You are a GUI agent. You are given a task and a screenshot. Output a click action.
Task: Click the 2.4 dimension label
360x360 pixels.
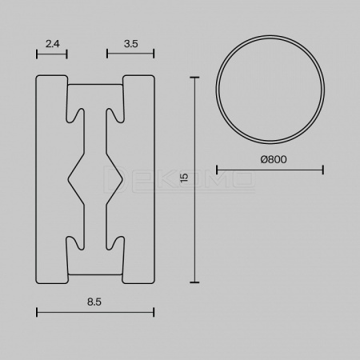coord(53,43)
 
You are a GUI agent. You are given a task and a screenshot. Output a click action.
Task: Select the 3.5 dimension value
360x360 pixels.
coord(131,43)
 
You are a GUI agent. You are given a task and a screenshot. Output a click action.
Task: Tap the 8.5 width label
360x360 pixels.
coord(94,302)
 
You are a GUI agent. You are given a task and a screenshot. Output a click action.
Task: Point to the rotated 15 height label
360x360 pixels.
coord(184,178)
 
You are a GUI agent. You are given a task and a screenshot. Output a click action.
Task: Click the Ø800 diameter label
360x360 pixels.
coord(274,159)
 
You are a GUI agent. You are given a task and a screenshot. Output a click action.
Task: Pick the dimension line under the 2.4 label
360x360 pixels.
coord(52,54)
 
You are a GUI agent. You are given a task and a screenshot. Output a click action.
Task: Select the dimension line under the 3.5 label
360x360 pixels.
coord(130,54)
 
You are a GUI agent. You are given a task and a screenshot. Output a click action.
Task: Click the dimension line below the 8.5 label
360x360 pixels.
coord(95,312)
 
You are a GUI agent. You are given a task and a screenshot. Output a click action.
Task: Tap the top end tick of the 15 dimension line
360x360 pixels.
coord(194,78)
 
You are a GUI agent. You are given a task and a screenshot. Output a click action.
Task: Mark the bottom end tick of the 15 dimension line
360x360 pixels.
coord(194,282)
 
